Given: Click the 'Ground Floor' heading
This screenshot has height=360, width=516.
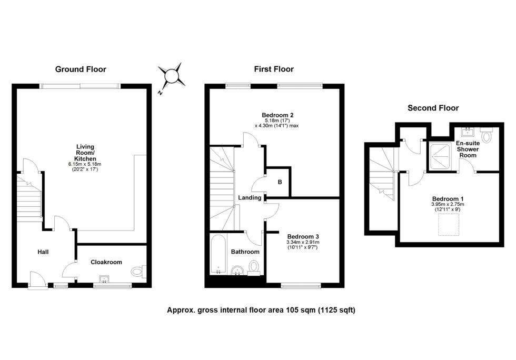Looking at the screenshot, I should click(81, 69).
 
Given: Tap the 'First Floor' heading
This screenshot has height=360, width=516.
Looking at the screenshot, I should click(273, 69).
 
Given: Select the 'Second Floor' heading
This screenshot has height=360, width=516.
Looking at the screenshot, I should click(433, 108).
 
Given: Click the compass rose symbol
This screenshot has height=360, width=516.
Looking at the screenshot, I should click(172, 76).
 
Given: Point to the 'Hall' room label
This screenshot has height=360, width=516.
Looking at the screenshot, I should click(43, 252).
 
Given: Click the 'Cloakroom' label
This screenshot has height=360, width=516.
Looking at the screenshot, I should click(106, 262).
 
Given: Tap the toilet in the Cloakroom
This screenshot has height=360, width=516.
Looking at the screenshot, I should click(137, 272).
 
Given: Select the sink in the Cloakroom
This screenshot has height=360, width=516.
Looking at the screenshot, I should click(104, 279).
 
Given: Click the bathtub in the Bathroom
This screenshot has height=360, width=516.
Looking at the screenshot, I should click(218, 255).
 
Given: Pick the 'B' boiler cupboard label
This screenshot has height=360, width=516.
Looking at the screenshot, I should click(280, 182).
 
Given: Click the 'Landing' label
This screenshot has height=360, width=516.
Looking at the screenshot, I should click(249, 197).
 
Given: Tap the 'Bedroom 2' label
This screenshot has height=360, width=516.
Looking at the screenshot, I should click(277, 115).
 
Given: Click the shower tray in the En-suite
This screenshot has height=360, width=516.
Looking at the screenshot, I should click(441, 154).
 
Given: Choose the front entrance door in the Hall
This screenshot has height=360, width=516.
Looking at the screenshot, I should click(38, 280).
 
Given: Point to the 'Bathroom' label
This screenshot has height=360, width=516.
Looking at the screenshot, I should click(245, 252).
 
